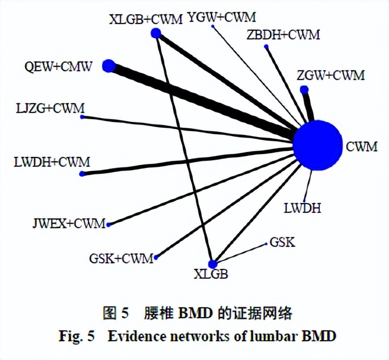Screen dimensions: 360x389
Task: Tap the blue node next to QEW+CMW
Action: tap(109, 66)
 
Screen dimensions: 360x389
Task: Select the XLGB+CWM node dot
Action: tap(156, 34)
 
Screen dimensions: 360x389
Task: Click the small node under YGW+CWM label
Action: tap(213, 26)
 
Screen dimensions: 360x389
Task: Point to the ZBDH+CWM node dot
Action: tap(267, 48)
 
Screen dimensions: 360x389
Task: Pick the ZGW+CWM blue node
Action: tap(304, 89)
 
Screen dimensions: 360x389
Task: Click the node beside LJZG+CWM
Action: tap(82, 117)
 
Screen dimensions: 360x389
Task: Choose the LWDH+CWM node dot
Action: tap(82, 173)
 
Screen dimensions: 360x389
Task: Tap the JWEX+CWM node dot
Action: tap(109, 224)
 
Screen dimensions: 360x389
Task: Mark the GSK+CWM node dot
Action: tap(157, 256)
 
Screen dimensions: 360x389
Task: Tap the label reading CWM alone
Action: tap(361, 147)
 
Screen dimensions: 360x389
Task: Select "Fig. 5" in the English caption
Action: tap(76, 336)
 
